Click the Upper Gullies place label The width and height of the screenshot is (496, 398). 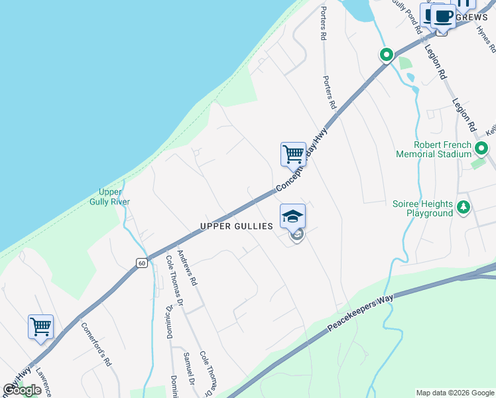(x=237, y=226)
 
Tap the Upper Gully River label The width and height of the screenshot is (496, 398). (x=110, y=197)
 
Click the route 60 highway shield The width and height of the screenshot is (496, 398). (x=142, y=263)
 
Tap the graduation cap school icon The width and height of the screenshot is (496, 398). (x=292, y=216)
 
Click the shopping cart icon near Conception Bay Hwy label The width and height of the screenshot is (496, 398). (x=293, y=155)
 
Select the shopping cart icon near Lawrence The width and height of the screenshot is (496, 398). (x=40, y=327)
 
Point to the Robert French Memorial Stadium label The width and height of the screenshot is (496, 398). (x=442, y=149)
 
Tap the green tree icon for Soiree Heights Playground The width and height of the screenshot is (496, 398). (x=464, y=208)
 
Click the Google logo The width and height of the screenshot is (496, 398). (x=23, y=390)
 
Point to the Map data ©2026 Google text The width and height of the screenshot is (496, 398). (x=455, y=393)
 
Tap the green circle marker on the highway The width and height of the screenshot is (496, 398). (x=386, y=55)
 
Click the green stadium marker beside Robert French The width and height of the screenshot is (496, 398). (x=482, y=149)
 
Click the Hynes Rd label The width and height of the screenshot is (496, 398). (x=487, y=40)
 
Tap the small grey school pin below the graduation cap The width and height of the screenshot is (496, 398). (x=298, y=235)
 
